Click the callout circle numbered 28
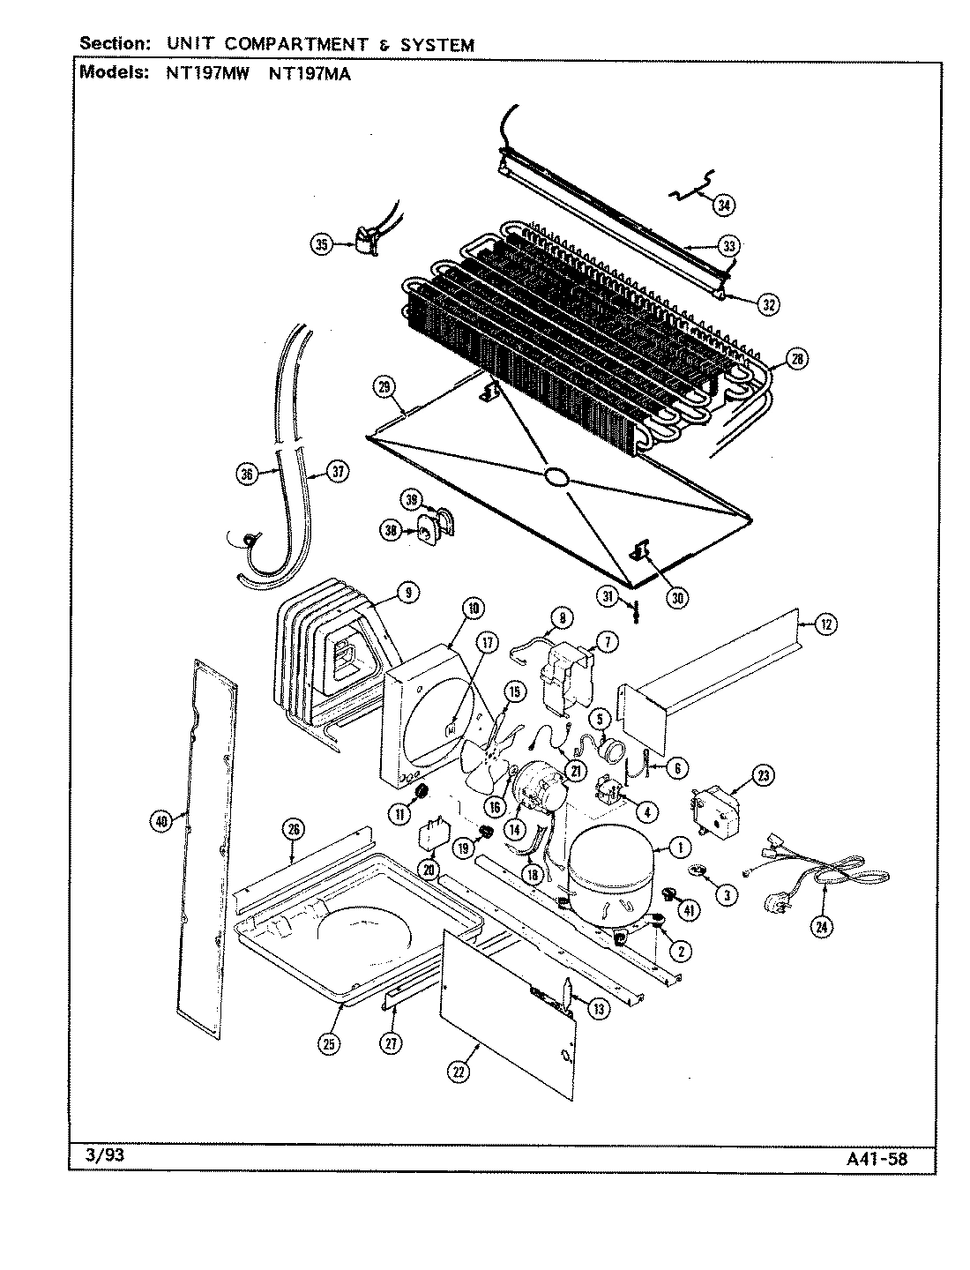tap(796, 360)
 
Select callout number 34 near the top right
tap(723, 205)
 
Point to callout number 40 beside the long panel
tap(160, 822)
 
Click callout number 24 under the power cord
tap(823, 926)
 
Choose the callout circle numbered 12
tap(824, 625)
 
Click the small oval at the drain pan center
tap(557, 477)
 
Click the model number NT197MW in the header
tap(207, 74)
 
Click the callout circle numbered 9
tap(407, 593)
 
